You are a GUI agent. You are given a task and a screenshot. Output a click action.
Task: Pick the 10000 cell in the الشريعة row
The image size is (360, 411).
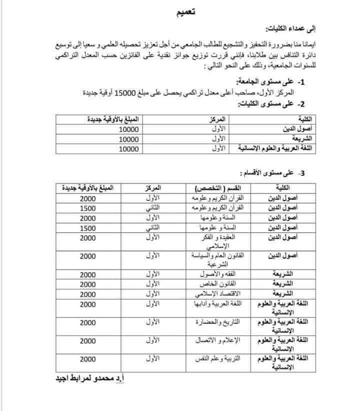pos(129,138)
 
